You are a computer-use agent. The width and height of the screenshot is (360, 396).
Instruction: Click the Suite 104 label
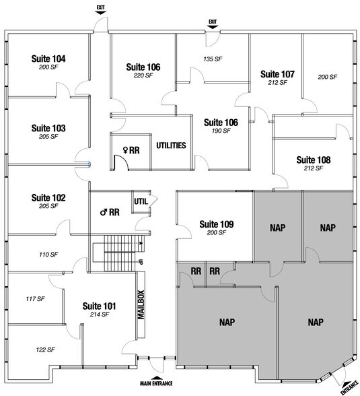tap(48, 59)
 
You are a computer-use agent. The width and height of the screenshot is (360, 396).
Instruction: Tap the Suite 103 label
tap(48, 127)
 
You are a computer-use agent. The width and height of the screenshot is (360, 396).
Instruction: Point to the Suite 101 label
tap(99, 306)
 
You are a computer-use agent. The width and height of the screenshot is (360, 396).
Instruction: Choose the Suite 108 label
tap(314, 160)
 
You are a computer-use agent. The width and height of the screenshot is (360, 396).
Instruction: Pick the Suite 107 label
tap(277, 73)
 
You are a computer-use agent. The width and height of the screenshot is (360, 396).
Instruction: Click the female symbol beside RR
tap(124, 150)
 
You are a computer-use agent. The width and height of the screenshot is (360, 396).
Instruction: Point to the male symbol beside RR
tap(104, 212)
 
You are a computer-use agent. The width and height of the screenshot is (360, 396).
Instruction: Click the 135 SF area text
tap(213, 59)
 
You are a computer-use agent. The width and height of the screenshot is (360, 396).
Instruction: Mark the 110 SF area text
tap(49, 255)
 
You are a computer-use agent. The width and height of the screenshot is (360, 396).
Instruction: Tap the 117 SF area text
tap(34, 298)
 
